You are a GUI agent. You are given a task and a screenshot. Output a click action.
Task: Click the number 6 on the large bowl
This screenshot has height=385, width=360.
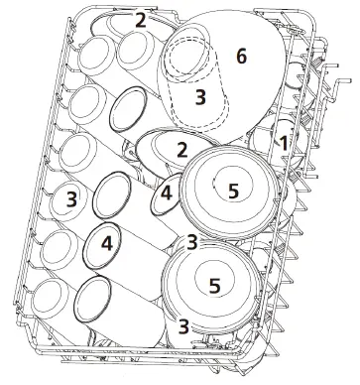coord(240,59)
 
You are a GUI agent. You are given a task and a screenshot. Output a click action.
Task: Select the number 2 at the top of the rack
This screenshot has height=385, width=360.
coord(141,20)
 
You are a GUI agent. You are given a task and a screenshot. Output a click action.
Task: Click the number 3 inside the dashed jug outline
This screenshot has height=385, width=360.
coord(200,97)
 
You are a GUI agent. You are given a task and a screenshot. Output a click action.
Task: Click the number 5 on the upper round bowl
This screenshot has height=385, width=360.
coord(233,189)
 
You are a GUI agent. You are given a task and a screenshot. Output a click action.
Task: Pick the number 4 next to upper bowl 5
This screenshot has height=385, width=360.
coord(168,194)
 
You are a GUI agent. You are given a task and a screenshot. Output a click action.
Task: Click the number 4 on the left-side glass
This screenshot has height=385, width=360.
coord(107,241)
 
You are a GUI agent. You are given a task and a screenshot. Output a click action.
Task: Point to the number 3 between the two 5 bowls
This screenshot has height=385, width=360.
coord(194,241)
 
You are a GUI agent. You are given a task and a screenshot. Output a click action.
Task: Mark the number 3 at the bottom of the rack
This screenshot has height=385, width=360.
coord(183,324)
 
